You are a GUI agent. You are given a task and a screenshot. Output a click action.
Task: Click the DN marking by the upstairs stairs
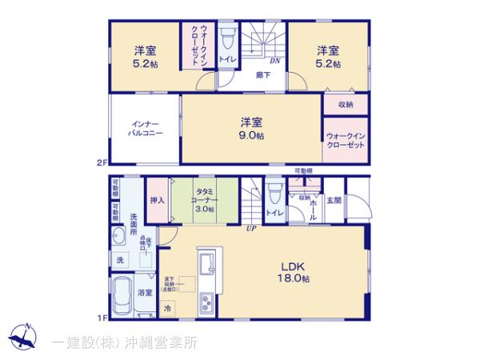click(x=273, y=62)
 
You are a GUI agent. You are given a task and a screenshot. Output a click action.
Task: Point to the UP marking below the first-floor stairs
click(x=250, y=228)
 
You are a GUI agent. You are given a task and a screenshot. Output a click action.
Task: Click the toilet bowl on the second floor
click(x=227, y=38)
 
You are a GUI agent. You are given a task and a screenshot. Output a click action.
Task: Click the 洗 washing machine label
click(x=120, y=260)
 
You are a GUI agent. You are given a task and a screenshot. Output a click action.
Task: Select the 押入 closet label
click(x=157, y=202)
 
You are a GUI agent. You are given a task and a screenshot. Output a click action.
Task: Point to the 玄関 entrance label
click(x=334, y=202)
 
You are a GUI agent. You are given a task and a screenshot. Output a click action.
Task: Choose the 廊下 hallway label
click(x=262, y=76)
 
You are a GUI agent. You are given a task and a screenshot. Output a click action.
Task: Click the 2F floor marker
click(x=102, y=164)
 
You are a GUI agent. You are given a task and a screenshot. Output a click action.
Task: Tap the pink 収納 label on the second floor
click(x=346, y=104)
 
